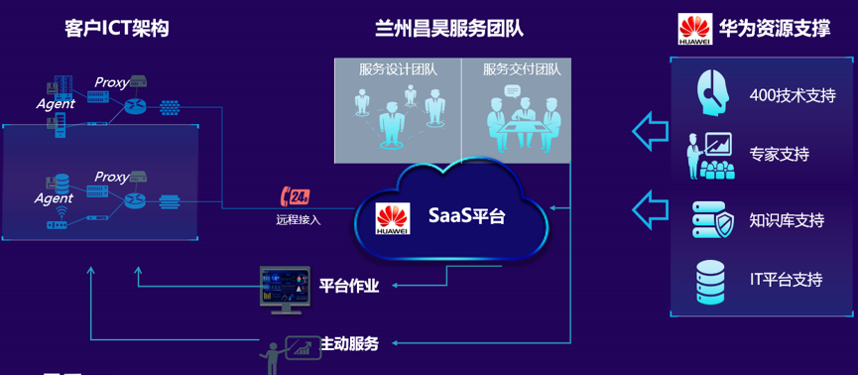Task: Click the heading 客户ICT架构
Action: (x=116, y=28)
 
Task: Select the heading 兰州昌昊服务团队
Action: (x=449, y=28)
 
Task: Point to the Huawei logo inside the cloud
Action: (x=392, y=218)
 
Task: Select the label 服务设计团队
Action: (x=398, y=69)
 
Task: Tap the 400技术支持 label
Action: (x=793, y=95)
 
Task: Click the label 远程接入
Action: (x=299, y=219)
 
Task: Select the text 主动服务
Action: (x=349, y=344)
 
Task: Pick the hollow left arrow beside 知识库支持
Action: (x=650, y=209)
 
